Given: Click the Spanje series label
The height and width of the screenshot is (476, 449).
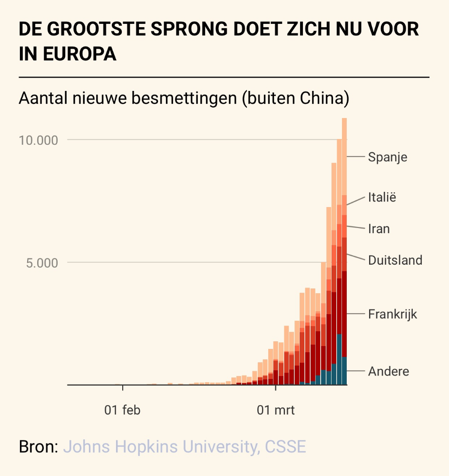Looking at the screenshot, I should [x=388, y=157].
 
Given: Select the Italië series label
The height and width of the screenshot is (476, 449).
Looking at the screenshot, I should [x=382, y=197].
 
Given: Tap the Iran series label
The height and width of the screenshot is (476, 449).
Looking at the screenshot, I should [x=379, y=229].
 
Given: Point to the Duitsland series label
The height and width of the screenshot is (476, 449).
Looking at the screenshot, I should [x=395, y=260].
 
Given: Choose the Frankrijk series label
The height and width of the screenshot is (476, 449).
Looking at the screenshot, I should [x=392, y=314].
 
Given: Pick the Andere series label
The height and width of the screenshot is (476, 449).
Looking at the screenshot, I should [x=388, y=371].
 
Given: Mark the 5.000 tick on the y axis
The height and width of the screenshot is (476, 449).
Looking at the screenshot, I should [x=41, y=263].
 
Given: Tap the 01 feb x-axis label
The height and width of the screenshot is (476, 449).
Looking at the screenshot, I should [x=123, y=410].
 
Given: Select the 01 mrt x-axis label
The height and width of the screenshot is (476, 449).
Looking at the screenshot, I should [x=276, y=410].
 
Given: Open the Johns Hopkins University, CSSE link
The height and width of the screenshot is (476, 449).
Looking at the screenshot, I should [x=185, y=447].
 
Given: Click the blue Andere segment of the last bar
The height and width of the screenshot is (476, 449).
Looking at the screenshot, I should [x=344, y=371].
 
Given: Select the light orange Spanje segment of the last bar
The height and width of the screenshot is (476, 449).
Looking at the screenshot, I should [x=344, y=157].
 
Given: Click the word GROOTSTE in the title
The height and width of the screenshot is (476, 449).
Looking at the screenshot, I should [x=95, y=30].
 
